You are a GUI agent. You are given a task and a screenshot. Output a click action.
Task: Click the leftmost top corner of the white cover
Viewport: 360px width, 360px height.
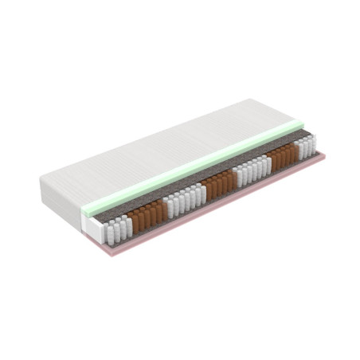(x=41, y=178)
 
